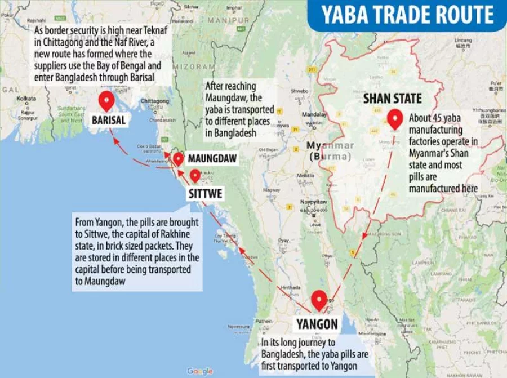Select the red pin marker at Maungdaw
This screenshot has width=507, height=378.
pyautogui.click(x=178, y=159)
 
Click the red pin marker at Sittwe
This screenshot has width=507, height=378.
pyautogui.click(x=195, y=175)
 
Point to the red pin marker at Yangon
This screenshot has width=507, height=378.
pyautogui.click(x=319, y=299)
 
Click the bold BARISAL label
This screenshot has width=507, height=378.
pyautogui.click(x=108, y=119)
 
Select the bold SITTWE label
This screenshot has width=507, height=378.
pyautogui.click(x=205, y=194)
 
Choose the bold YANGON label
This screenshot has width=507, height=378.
pyautogui.click(x=317, y=324)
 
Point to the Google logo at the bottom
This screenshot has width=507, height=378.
pyautogui.click(x=200, y=371)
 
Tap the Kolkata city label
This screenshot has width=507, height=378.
pyautogui.click(x=26, y=98)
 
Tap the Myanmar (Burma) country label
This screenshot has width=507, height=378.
pyautogui.click(x=330, y=150)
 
